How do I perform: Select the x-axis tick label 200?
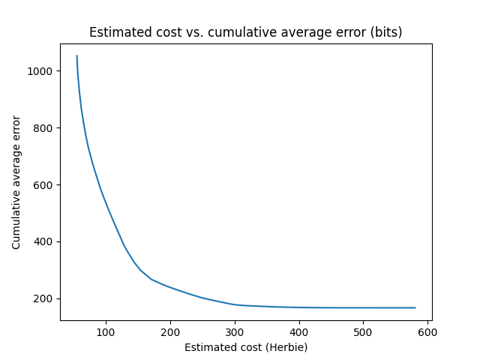point(170,331)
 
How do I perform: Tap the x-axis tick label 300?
point(235,331)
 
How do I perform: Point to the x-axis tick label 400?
point(299,331)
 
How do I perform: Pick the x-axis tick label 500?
point(363,331)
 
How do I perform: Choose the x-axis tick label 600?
point(427,331)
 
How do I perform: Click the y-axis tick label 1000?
point(41,71)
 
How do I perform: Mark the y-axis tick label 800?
point(44,128)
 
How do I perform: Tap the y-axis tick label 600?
point(44,185)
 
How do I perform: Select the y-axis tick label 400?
point(44,242)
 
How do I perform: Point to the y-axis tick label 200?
point(44,299)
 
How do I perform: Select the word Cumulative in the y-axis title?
point(16,220)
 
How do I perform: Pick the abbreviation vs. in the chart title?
point(188,33)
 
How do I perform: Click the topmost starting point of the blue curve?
point(76,55)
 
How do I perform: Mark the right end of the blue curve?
point(415,307)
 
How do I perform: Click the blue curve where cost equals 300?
point(235,304)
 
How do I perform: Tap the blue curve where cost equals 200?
point(170,287)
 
